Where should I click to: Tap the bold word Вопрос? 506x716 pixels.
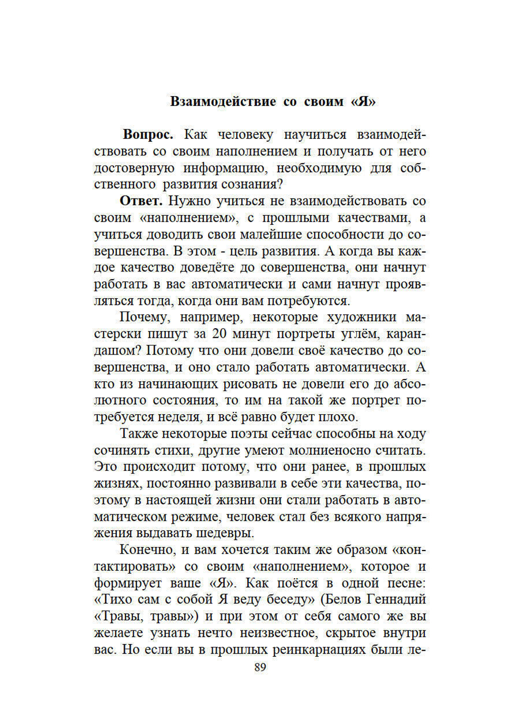[x=148, y=135]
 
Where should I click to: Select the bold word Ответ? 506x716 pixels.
[x=141, y=201]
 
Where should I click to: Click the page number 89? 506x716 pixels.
[x=260, y=667]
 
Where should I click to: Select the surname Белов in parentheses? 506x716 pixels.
[x=342, y=600]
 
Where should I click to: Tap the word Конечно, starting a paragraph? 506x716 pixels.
[x=147, y=550]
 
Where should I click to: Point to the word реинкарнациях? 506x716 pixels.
[x=319, y=650]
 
